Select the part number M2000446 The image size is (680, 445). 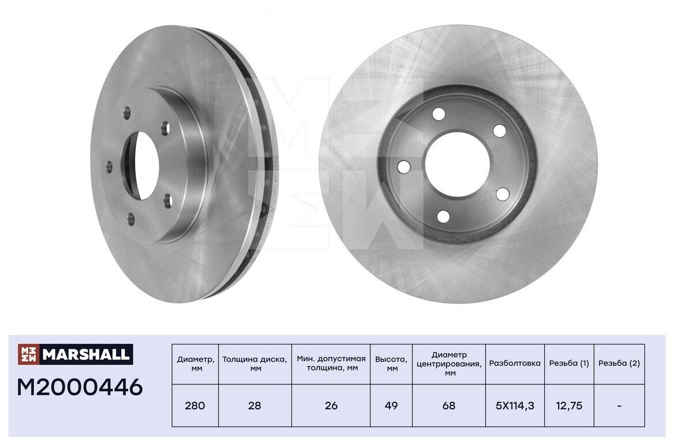click(80, 387)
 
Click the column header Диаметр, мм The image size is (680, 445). click(195, 364)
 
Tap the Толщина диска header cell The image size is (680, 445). click(255, 364)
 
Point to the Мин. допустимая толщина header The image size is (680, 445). click(331, 364)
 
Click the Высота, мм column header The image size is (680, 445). click(391, 364)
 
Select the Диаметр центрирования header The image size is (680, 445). click(449, 364)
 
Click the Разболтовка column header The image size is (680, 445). click(515, 364)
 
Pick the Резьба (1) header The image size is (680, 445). click(569, 364)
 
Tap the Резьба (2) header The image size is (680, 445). click(619, 364)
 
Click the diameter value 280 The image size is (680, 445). click(195, 406)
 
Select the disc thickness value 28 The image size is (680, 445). click(255, 406)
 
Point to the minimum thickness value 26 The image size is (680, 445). click(331, 406)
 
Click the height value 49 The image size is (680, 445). click(391, 406)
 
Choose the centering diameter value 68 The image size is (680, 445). click(449, 406)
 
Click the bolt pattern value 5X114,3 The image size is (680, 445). click(515, 406)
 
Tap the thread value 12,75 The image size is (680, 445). click(569, 406)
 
